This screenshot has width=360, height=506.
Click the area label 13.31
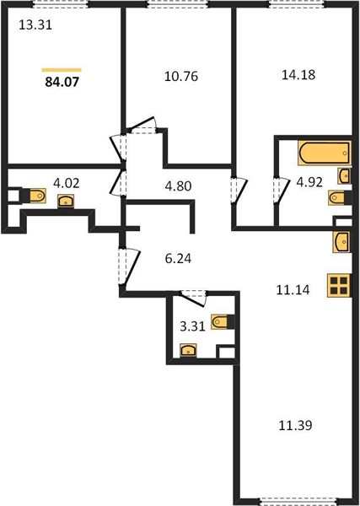(x=35, y=24)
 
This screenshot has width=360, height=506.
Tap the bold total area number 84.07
(x=62, y=82)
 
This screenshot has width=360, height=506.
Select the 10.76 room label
(x=181, y=77)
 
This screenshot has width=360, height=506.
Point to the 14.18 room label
(x=298, y=75)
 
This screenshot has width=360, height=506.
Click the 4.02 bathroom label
(x=66, y=183)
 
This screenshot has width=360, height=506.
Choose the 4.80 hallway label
(x=178, y=186)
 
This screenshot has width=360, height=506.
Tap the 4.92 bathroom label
(x=309, y=182)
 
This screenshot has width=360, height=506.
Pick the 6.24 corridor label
(x=178, y=259)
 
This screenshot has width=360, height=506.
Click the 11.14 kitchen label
(x=293, y=290)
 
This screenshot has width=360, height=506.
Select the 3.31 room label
(x=192, y=326)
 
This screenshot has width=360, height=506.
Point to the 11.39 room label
(x=295, y=426)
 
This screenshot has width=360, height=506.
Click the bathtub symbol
(x=325, y=153)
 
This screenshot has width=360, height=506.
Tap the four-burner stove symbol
(x=339, y=285)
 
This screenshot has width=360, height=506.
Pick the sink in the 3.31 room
(x=188, y=350)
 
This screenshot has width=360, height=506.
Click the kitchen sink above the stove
(x=342, y=242)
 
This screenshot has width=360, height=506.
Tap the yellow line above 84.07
(x=62, y=70)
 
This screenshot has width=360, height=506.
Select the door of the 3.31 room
(x=193, y=298)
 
